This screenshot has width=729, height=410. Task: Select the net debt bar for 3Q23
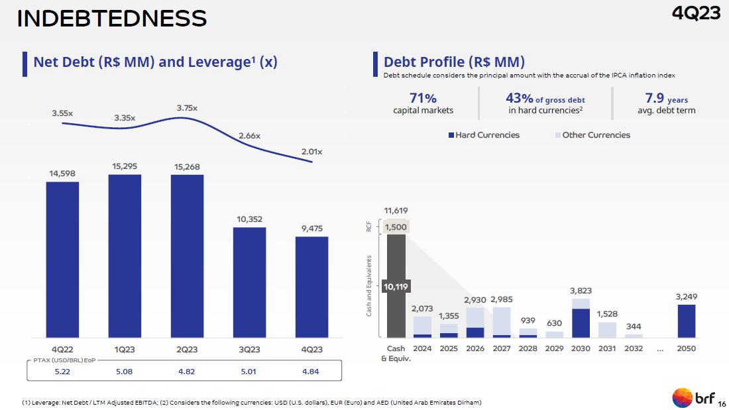click(x=249, y=282)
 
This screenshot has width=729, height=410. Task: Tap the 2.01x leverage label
click(x=311, y=152)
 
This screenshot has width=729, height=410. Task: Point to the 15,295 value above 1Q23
click(x=125, y=166)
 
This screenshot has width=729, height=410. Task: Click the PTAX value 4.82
click(x=187, y=372)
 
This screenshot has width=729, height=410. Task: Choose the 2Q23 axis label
click(x=187, y=350)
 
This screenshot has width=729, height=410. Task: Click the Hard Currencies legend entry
click(x=484, y=135)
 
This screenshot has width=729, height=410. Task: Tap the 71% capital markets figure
click(x=423, y=99)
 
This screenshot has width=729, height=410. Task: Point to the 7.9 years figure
click(x=666, y=99)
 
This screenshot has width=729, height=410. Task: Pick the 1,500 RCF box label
click(x=396, y=227)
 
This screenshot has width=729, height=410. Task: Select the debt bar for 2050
click(x=686, y=321)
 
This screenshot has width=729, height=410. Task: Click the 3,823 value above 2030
click(x=581, y=290)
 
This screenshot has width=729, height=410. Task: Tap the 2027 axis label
click(x=502, y=348)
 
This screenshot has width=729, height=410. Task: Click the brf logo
click(x=693, y=397)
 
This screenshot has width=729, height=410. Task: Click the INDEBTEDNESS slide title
click(x=111, y=19)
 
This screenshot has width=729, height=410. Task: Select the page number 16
click(x=722, y=403)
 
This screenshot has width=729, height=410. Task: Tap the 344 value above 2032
click(x=634, y=327)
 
